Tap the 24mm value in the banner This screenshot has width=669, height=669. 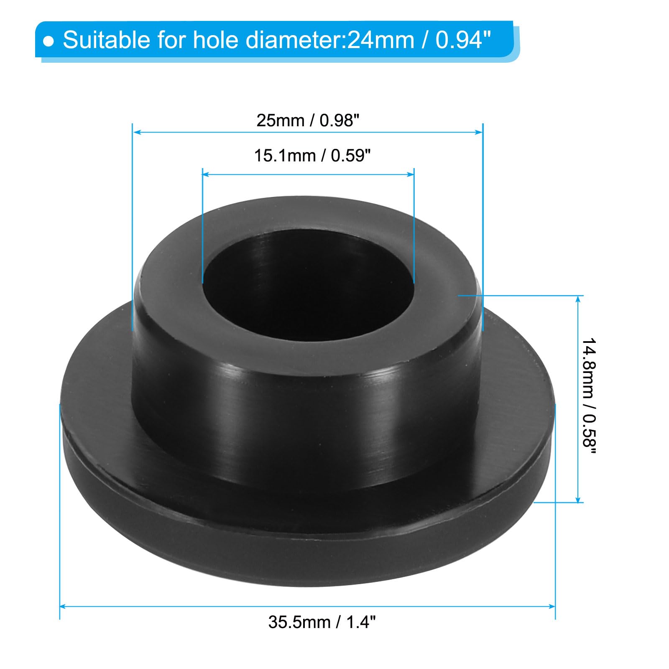(x=381, y=41)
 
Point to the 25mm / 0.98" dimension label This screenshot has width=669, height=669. (x=308, y=120)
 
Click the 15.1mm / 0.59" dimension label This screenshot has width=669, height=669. (x=312, y=156)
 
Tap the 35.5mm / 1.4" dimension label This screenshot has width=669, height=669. (x=322, y=622)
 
